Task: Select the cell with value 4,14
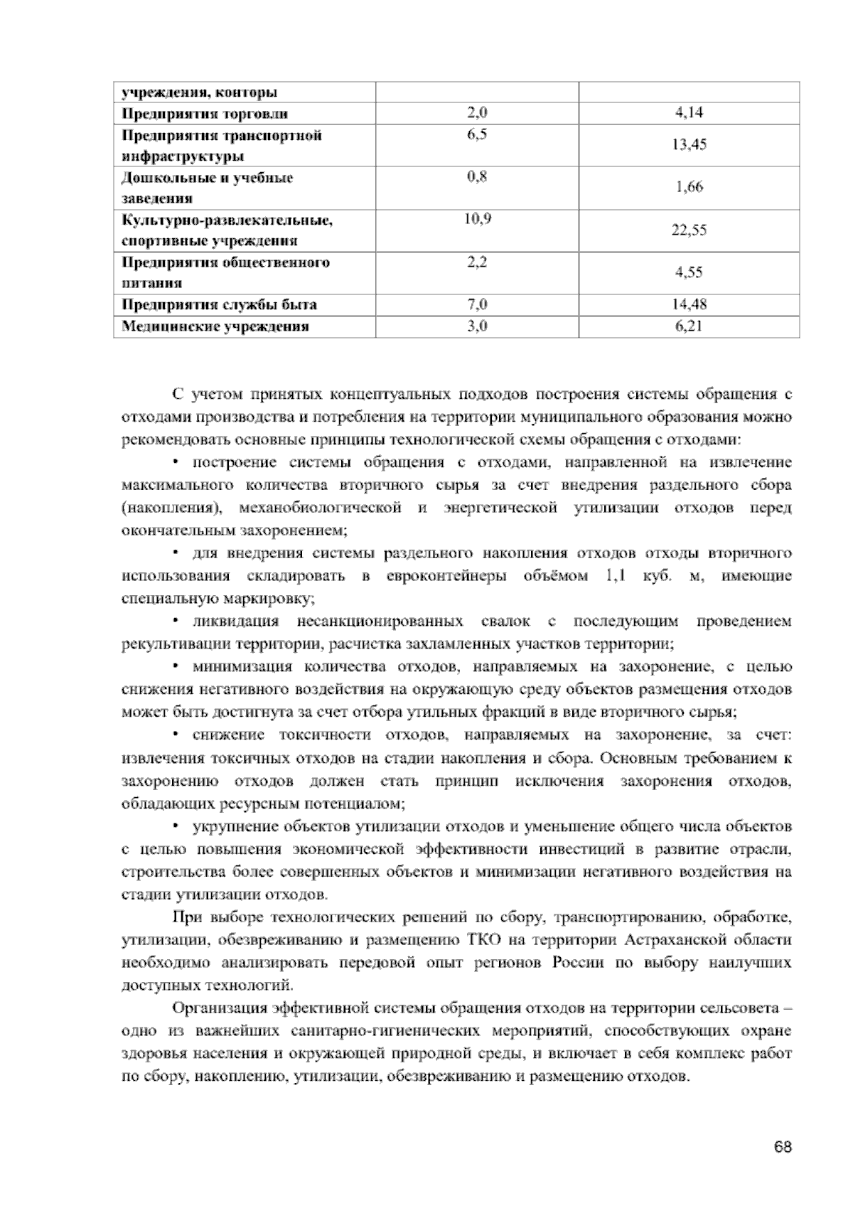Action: [689, 113]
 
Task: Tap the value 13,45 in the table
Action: [689, 145]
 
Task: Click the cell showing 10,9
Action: [477, 220]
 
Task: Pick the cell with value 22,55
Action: [689, 230]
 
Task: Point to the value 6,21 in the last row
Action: [689, 326]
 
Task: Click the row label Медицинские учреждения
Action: [215, 326]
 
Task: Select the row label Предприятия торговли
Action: [205, 113]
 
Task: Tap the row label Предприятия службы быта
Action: [219, 305]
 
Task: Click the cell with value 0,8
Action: [477, 177]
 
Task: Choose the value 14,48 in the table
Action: [689, 305]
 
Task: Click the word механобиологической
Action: [321, 508]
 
